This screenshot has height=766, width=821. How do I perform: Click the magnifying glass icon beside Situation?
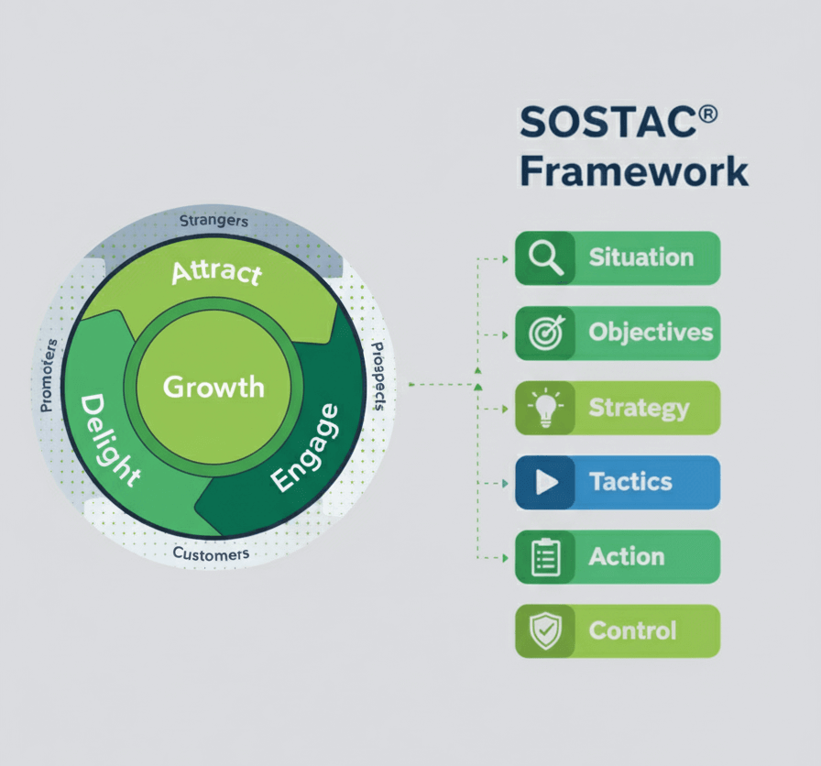point(545,257)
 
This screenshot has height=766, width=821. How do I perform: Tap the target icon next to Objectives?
point(547,333)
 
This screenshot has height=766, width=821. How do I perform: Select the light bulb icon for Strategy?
point(545,408)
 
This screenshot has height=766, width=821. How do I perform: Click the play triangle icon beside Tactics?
point(547,482)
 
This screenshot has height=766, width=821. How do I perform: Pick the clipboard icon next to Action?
point(545,557)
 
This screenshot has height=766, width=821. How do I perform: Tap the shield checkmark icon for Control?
point(545,631)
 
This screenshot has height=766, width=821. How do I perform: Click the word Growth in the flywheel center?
point(213,388)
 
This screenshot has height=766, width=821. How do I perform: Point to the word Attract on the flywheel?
point(217,273)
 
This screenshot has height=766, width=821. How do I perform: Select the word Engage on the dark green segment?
point(305,448)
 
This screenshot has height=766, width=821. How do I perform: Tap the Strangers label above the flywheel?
point(213,221)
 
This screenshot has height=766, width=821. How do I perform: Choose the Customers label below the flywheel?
point(211,554)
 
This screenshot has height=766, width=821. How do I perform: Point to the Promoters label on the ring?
point(49,375)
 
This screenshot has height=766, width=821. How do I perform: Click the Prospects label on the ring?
point(378,376)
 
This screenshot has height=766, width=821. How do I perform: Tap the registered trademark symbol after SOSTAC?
point(708,115)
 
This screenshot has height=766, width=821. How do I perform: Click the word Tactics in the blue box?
point(630,482)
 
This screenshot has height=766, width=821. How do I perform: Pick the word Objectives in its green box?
point(651,333)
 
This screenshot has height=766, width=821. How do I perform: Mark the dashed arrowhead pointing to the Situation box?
point(505,258)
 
